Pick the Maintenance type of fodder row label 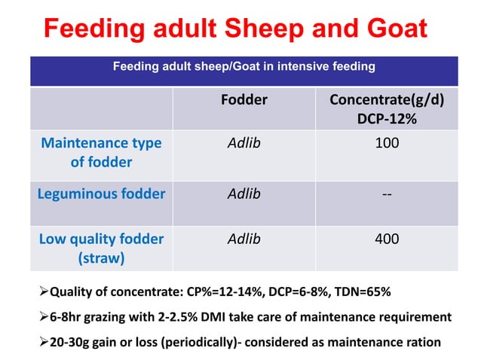pos(101,151)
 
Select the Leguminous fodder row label pos(101,194)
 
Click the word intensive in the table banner pos(296,66)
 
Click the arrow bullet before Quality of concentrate pos(43,291)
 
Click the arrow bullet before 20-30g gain pos(43,342)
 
